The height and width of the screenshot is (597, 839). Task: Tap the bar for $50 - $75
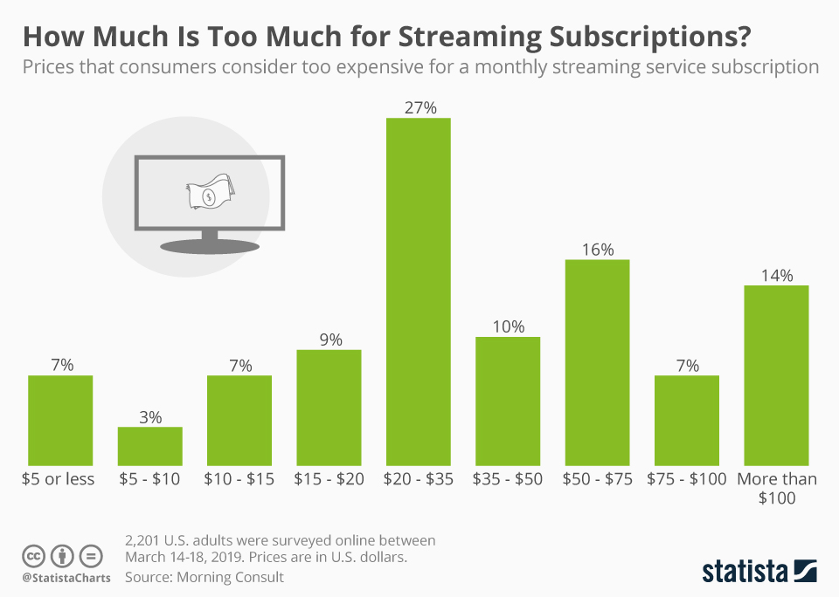click(x=598, y=361)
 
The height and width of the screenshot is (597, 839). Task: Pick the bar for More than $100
click(x=776, y=374)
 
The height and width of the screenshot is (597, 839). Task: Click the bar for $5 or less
click(x=60, y=420)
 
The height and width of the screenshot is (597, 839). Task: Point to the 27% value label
click(x=418, y=108)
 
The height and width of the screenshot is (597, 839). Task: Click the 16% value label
click(x=598, y=250)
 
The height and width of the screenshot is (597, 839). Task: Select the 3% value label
click(x=150, y=417)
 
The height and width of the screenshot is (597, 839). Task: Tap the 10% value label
click(x=508, y=326)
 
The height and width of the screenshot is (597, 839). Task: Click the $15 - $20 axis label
click(x=329, y=479)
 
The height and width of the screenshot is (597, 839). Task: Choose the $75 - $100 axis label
click(x=687, y=479)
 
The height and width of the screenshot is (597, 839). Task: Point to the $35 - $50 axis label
click(x=508, y=479)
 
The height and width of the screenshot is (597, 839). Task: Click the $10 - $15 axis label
click(x=239, y=479)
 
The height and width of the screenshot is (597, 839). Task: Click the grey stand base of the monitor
click(x=209, y=248)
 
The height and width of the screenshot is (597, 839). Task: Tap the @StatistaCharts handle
click(x=66, y=578)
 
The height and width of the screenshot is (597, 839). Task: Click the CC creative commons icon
click(x=34, y=556)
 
